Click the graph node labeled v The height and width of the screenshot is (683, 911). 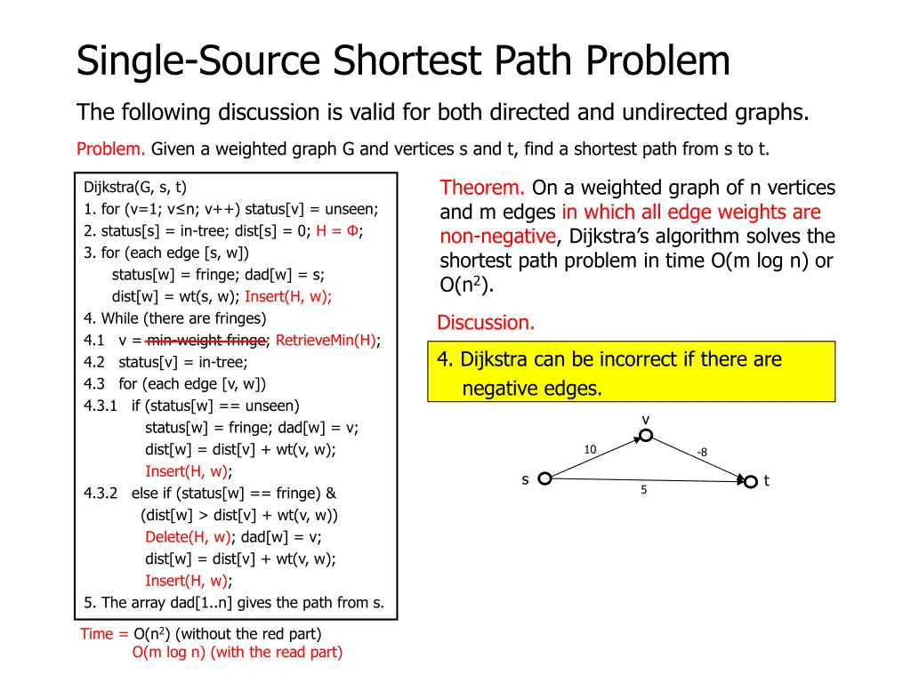646,435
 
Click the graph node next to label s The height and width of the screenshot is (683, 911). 544,478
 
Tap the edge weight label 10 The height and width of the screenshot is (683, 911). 590,450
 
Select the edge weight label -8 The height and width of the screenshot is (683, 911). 702,453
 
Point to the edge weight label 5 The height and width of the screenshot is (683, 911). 643,490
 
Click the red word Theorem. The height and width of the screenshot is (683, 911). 482,188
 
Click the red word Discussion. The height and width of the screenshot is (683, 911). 486,323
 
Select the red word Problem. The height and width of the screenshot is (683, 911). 111,149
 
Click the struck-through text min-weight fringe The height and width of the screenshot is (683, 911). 206,340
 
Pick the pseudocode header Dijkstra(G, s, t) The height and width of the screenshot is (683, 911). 135,187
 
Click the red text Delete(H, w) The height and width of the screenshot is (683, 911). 188,536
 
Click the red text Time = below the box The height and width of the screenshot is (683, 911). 104,634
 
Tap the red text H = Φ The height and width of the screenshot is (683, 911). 338,230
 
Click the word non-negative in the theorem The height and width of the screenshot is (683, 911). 497,237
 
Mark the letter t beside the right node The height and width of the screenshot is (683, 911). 767,481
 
